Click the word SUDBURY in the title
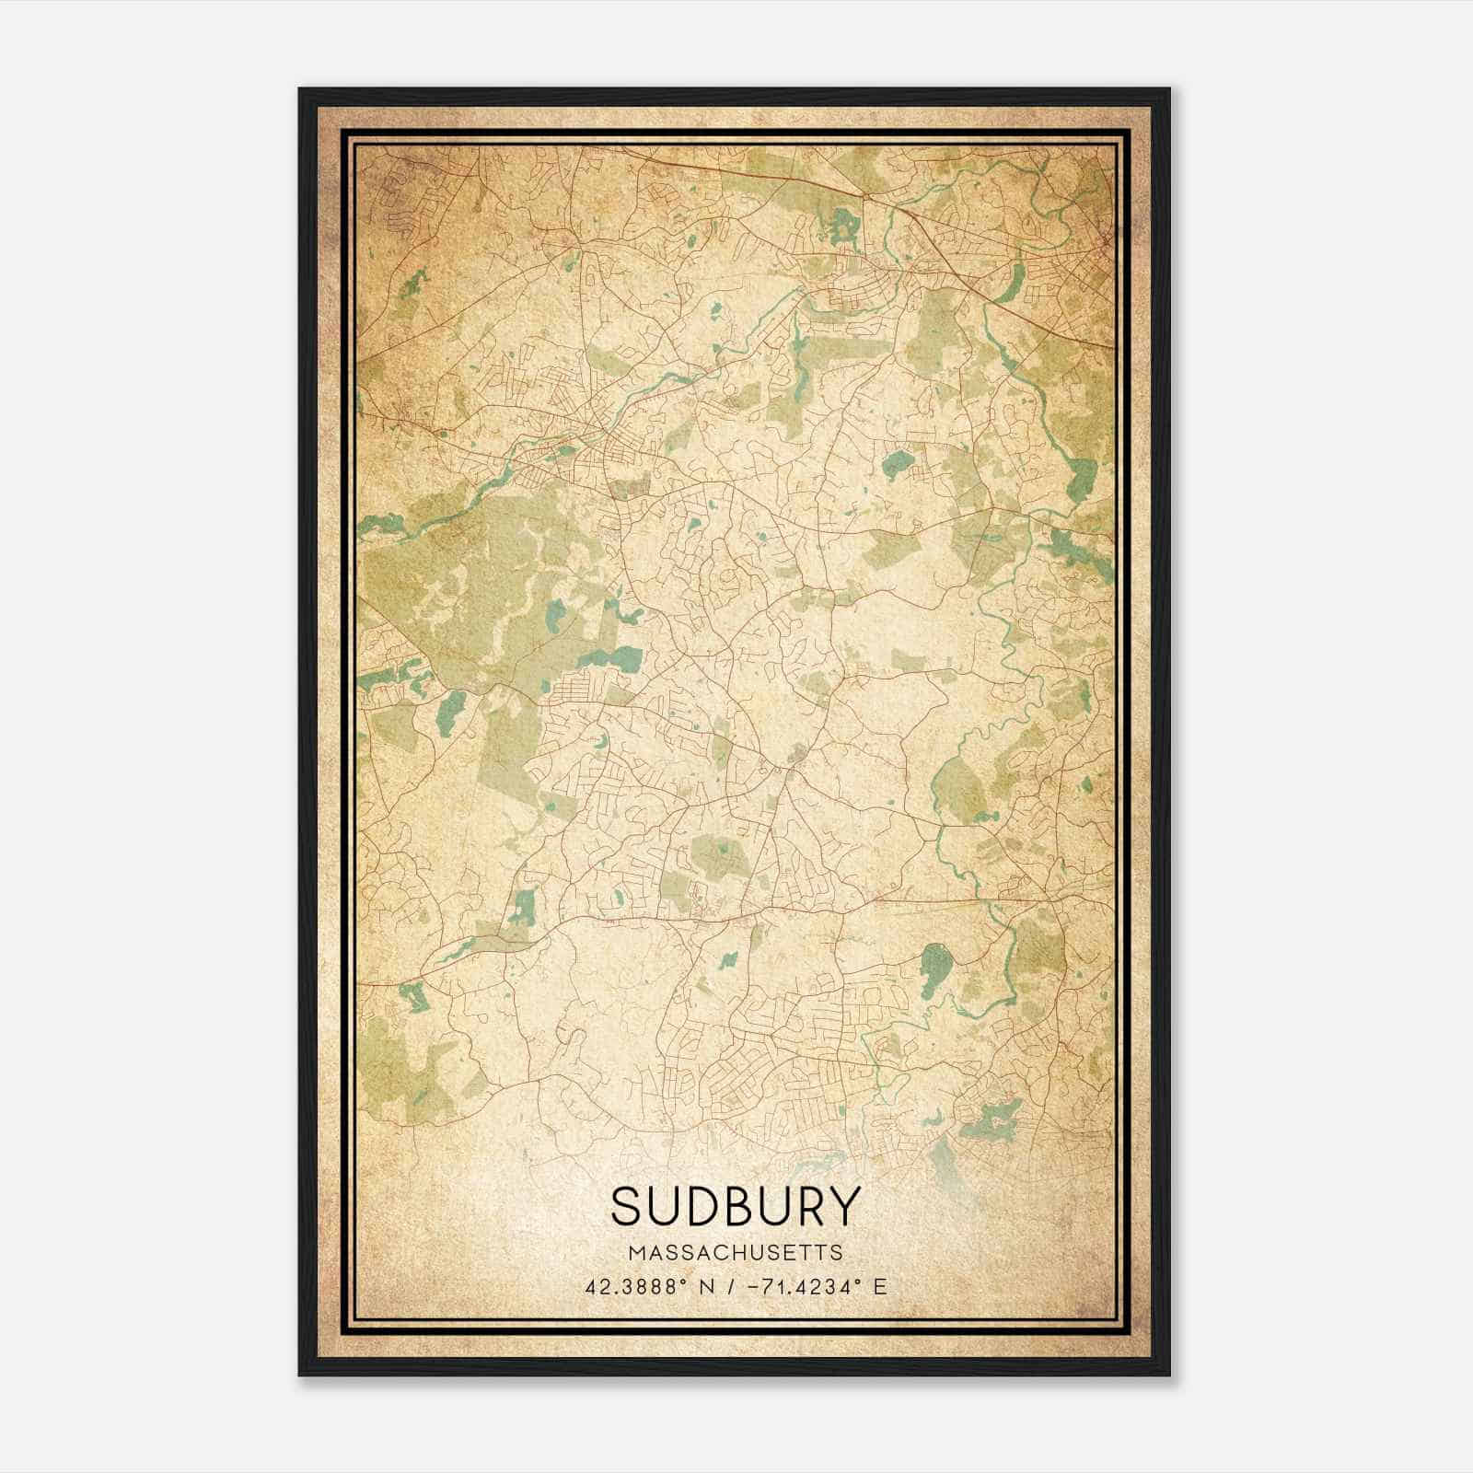coord(735,1206)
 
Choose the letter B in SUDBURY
coord(736,1206)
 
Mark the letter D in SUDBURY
coord(699,1206)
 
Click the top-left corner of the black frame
coord(301,90)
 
